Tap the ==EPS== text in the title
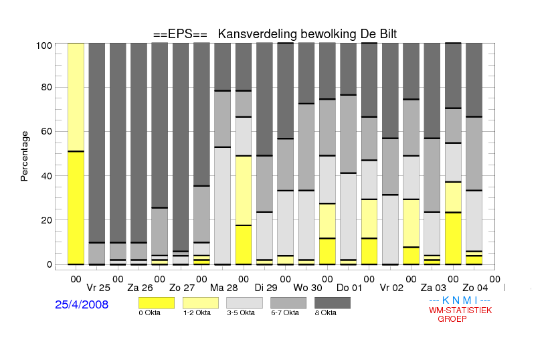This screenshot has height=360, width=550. [x=180, y=34]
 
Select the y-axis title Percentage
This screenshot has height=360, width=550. [x=24, y=156]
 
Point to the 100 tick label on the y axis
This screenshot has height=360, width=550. [x=44, y=46]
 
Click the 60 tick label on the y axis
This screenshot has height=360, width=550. [x=46, y=131]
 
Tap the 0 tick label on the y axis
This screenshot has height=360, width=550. [x=50, y=264]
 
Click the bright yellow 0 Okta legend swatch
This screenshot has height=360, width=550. [x=157, y=303]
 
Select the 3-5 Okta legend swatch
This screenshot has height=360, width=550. [x=244, y=303]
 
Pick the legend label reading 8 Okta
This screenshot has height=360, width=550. [x=325, y=312]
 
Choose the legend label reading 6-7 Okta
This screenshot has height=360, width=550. [x=285, y=312]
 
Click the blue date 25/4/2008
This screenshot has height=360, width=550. [x=82, y=304]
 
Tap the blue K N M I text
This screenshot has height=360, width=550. [x=460, y=300]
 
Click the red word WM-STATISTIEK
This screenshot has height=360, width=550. [x=460, y=310]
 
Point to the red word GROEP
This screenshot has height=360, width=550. [x=452, y=319]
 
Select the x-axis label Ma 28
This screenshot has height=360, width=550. [x=223, y=288]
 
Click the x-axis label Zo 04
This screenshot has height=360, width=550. [x=475, y=288]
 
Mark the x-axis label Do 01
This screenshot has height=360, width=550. [x=349, y=288]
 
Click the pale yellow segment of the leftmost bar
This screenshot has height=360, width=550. [x=76, y=97]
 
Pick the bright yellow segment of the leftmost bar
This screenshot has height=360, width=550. [x=76, y=207]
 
